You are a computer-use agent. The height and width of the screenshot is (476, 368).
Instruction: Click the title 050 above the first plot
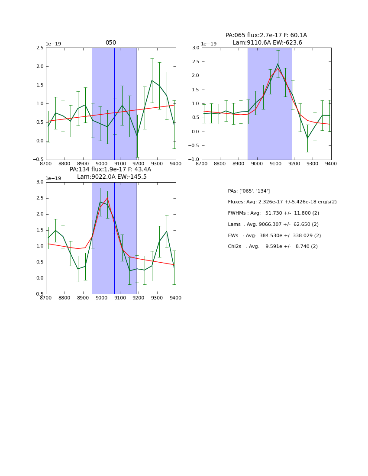coord(111,43)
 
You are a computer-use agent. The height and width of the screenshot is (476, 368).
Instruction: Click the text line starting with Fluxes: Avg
coord(282,202)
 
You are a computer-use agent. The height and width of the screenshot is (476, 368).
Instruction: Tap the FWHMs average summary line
coord(273,213)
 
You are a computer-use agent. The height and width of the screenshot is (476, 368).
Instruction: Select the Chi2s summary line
coord(273,247)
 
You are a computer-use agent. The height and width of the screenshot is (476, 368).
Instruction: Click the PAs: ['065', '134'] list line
coord(249,191)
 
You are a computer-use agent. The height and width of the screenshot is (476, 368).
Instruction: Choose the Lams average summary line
coord(273,225)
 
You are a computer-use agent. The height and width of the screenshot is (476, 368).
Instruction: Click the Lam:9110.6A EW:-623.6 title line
coord(267,42)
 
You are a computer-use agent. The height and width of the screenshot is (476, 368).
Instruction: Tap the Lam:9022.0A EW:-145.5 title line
coord(112,177)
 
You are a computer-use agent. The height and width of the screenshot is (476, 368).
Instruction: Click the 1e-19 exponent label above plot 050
coord(53,44)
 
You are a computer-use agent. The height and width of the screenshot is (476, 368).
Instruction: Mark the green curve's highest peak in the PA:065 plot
coord(278,64)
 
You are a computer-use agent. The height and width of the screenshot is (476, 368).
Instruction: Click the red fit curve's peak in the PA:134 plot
coord(107,198)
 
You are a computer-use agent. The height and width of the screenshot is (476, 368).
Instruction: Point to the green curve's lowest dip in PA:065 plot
coord(307,138)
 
